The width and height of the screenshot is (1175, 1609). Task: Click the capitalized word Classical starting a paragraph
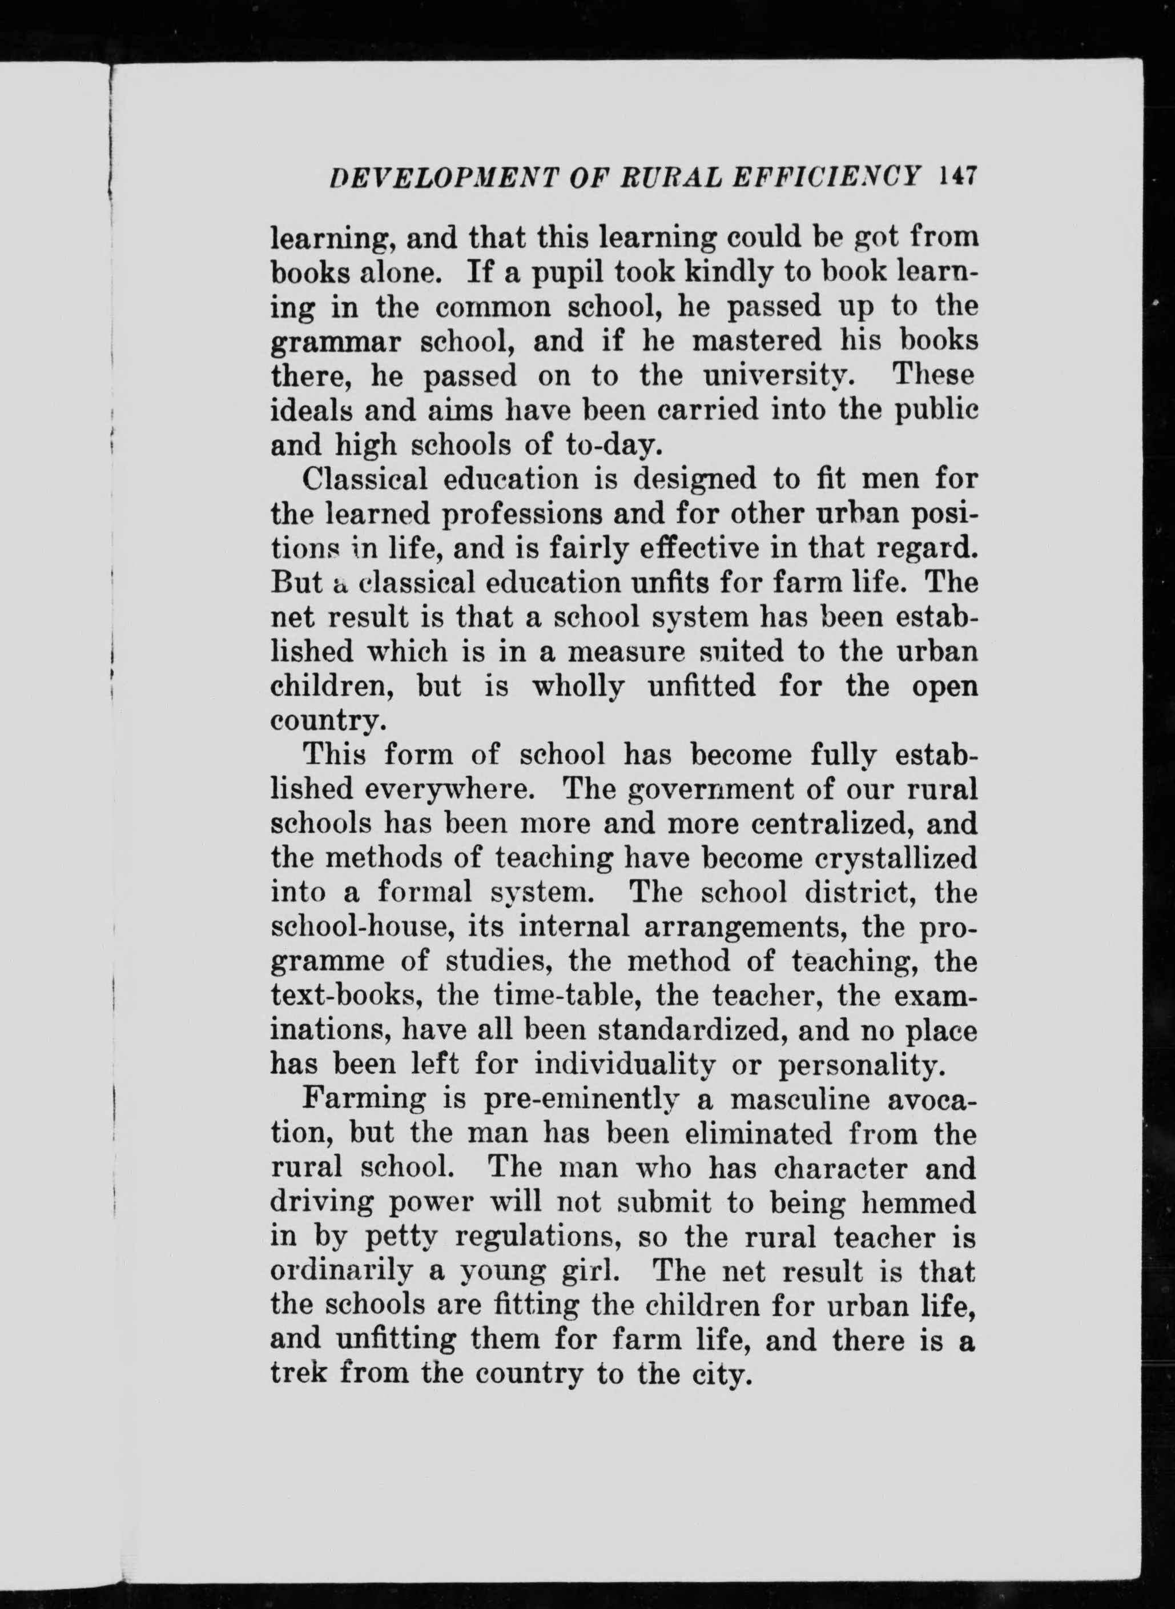tap(365, 479)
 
